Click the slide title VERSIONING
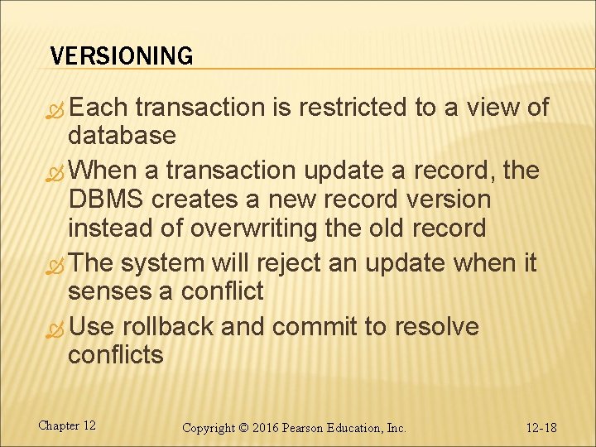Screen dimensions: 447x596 121,56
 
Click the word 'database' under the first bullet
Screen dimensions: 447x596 122,135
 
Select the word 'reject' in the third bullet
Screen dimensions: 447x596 286,264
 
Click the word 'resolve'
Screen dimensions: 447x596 436,327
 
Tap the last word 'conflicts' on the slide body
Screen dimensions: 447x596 116,355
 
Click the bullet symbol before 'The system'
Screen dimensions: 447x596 56,265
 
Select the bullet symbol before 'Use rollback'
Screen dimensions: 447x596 56,328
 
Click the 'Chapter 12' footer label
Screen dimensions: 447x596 67,425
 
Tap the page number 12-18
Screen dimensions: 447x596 541,428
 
